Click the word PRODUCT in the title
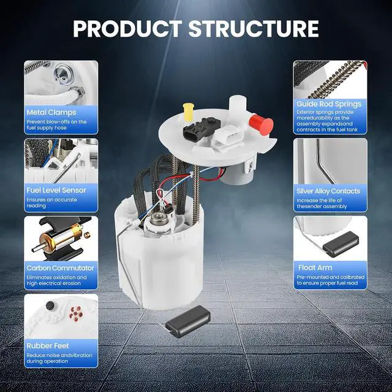(128, 29)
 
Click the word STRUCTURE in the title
(254, 29)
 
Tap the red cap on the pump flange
(261, 125)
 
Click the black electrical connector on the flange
(202, 129)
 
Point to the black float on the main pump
(188, 321)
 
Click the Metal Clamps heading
(51, 113)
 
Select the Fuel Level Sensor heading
(56, 190)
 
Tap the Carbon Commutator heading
(60, 268)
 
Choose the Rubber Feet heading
(48, 345)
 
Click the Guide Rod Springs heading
(329, 104)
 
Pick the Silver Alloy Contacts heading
(328, 191)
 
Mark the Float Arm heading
(315, 268)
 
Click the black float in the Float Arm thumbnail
(341, 244)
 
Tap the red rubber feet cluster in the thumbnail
(76, 314)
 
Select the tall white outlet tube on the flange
(238, 107)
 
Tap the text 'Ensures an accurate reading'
(51, 203)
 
